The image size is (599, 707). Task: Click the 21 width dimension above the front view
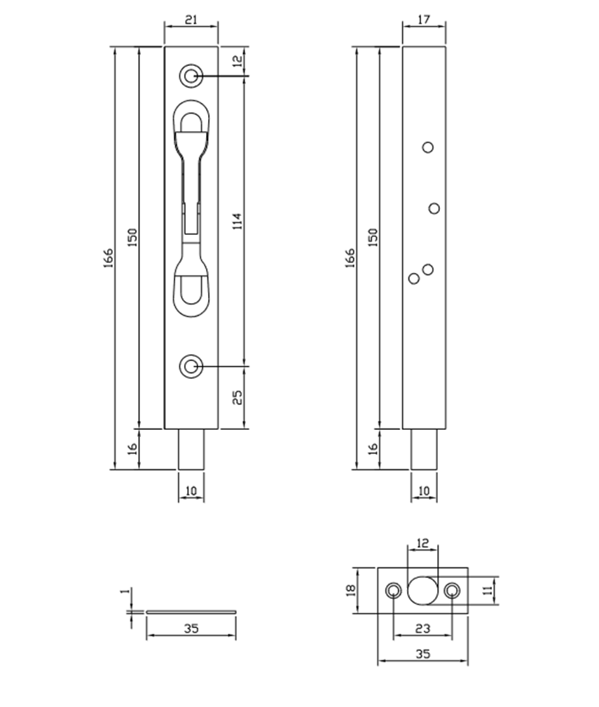191,21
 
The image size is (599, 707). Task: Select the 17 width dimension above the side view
423,21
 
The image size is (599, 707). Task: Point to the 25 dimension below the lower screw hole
237,397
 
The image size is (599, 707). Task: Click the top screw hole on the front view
190,76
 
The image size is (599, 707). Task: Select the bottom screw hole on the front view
190,365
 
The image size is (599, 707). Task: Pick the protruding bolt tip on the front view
191,449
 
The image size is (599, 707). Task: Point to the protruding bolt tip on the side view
423,449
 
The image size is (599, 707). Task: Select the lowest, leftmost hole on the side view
414,278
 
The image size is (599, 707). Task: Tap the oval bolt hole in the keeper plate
420,590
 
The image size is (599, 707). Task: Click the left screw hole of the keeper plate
394,590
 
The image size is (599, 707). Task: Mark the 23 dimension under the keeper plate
422,628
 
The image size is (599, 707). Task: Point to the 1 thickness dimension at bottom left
125,593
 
